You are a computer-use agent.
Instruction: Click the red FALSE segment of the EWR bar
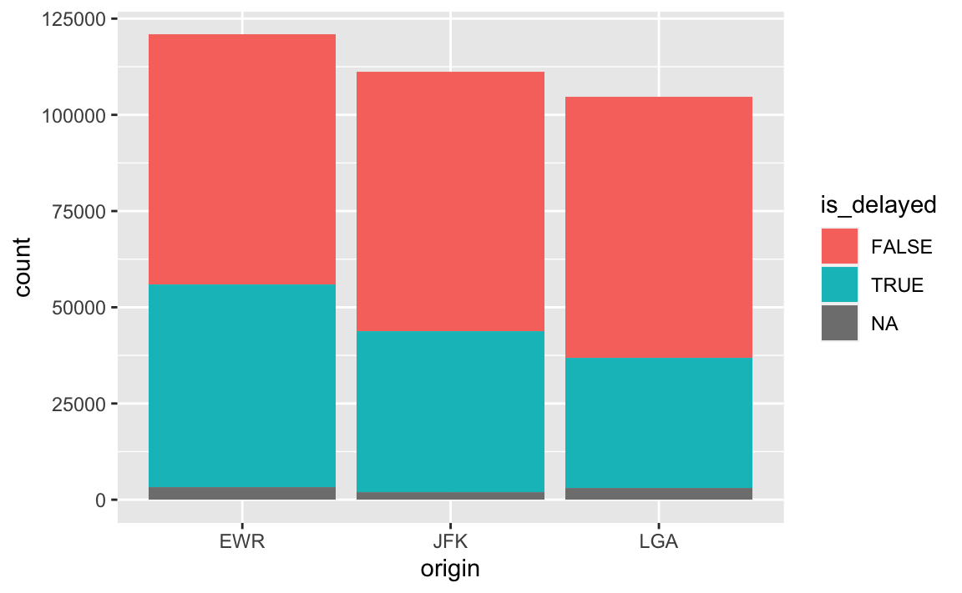tap(241, 159)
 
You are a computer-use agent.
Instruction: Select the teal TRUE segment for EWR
tap(241, 385)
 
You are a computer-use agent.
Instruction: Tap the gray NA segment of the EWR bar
tap(241, 493)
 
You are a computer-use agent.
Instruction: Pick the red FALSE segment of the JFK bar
tap(450, 202)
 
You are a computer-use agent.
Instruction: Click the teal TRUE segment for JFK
tap(450, 412)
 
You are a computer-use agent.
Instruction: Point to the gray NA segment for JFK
tap(450, 495)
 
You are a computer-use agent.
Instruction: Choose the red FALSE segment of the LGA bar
tap(658, 228)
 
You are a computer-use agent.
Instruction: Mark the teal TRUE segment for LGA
tap(658, 423)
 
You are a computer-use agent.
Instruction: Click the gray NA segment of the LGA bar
tap(658, 494)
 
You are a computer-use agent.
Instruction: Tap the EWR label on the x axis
tap(241, 541)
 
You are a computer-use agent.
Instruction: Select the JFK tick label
tap(450, 541)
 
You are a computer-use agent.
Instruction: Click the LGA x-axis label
tap(658, 541)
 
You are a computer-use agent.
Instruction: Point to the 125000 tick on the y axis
tap(73, 20)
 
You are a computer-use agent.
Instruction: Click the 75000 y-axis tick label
tap(79, 212)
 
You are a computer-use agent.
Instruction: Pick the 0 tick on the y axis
tap(101, 500)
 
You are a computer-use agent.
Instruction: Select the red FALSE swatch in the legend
tap(839, 246)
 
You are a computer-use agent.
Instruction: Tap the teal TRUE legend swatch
tap(839, 284)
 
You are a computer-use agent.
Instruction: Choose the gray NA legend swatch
tap(839, 323)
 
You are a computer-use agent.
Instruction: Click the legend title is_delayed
tap(878, 204)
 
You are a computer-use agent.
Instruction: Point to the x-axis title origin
tap(450, 569)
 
